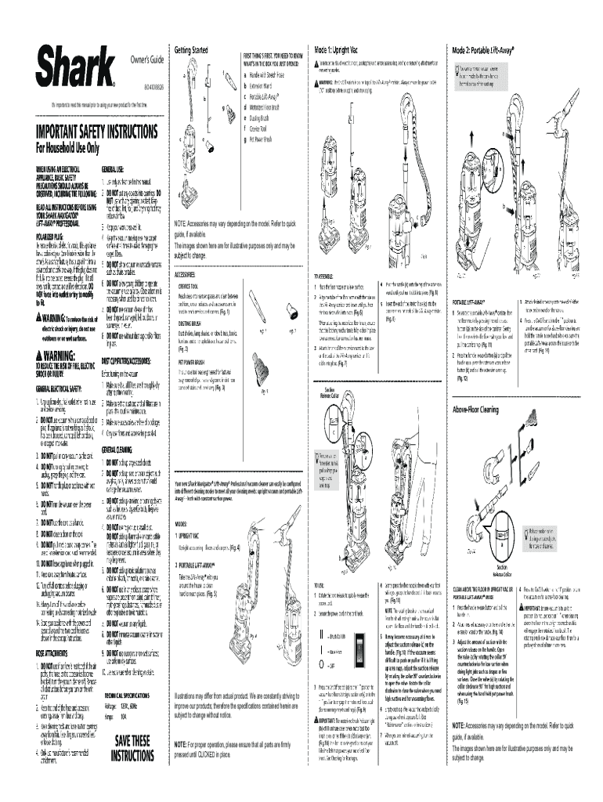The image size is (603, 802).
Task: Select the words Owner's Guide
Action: click(x=146, y=60)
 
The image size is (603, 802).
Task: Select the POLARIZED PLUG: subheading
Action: click(x=53, y=234)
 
